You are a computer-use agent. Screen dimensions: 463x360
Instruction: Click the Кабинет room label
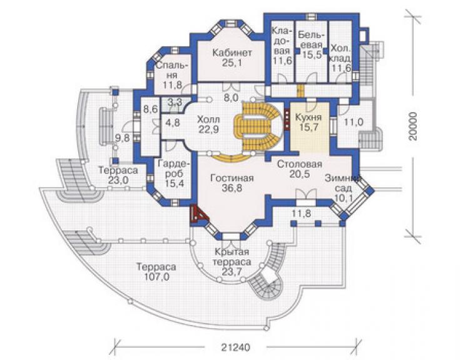click(232, 53)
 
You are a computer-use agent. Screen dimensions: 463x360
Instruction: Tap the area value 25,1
click(232, 63)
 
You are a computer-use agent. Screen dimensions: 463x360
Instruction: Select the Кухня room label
click(308, 117)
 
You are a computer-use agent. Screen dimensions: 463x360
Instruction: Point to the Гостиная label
click(232, 178)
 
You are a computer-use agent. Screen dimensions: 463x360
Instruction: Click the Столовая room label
click(300, 164)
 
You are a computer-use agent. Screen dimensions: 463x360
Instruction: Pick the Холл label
click(209, 120)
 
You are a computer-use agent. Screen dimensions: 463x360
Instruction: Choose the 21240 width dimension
click(235, 347)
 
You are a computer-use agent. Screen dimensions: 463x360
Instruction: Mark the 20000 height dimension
click(414, 126)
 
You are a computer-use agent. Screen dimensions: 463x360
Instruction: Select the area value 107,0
click(156, 277)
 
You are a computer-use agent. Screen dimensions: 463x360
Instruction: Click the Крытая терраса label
click(232, 257)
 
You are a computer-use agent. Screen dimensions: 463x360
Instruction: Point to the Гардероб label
click(175, 168)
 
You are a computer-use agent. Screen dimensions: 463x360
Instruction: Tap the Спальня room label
click(172, 69)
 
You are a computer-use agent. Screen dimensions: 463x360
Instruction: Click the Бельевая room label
click(311, 39)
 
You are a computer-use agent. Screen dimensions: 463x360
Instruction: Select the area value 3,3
click(175, 103)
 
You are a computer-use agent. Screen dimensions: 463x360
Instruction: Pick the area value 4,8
click(172, 122)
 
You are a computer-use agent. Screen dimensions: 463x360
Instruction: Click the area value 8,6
click(151, 108)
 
